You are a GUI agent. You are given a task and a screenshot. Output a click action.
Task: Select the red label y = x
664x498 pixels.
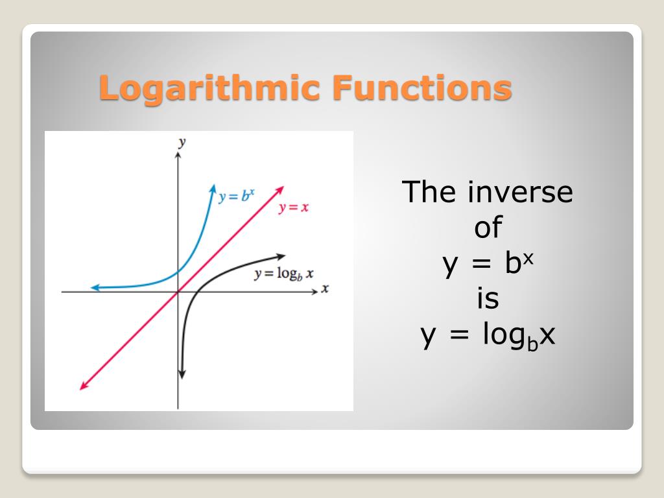click(293, 208)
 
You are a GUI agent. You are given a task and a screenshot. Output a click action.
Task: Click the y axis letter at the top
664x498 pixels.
click(182, 142)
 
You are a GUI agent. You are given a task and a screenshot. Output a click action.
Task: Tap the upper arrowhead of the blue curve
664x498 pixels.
click(213, 188)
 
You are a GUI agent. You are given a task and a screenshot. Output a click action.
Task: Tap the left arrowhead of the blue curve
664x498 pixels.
click(95, 287)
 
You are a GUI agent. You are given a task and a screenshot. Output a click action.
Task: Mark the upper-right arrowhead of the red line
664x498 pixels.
click(281, 189)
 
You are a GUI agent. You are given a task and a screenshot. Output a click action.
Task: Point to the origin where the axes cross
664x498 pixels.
click(178, 292)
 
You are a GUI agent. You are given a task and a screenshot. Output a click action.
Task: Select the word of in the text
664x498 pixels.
click(488, 228)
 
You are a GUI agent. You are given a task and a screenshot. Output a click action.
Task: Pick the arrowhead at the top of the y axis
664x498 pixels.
click(178, 156)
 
